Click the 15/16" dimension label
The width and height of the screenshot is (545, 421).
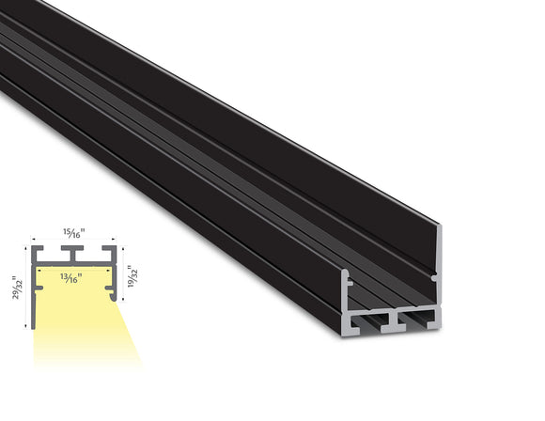(x=73, y=231)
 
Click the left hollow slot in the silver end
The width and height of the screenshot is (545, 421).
(x=370, y=324)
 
